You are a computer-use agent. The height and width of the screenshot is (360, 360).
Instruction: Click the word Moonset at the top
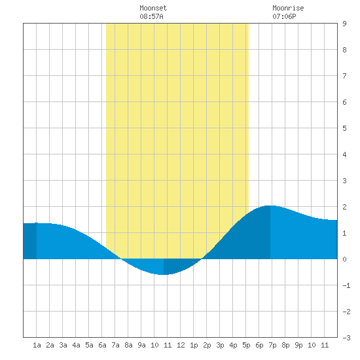153,8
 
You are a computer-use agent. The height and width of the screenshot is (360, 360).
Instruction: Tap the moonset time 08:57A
151,16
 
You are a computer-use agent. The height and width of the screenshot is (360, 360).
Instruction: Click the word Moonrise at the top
288,8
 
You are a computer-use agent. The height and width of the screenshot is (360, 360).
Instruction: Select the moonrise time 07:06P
284,16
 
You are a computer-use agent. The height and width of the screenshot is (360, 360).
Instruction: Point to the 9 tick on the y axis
344,24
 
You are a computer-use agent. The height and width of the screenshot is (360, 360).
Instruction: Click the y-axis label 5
344,128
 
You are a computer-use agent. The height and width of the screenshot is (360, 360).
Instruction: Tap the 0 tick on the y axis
344,259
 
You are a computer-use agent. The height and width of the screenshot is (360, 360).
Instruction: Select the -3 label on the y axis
346,338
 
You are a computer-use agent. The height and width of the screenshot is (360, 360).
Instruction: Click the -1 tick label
346,285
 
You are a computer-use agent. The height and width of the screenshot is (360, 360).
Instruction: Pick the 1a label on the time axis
37,345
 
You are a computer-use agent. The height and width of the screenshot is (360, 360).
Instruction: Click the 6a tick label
102,345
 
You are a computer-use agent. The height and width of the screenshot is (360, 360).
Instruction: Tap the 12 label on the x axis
181,345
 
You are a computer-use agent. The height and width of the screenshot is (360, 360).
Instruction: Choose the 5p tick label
246,345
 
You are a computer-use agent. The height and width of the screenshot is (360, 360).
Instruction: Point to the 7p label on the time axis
272,345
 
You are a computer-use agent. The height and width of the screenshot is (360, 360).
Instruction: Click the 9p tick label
298,345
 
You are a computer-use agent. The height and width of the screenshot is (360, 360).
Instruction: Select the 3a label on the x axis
63,345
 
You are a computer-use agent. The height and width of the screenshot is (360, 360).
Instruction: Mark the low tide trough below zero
164,274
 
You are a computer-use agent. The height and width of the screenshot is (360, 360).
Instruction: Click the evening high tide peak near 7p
270,206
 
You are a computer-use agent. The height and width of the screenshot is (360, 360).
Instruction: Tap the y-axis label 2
344,207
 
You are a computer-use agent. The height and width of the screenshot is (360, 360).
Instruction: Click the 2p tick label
207,345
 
